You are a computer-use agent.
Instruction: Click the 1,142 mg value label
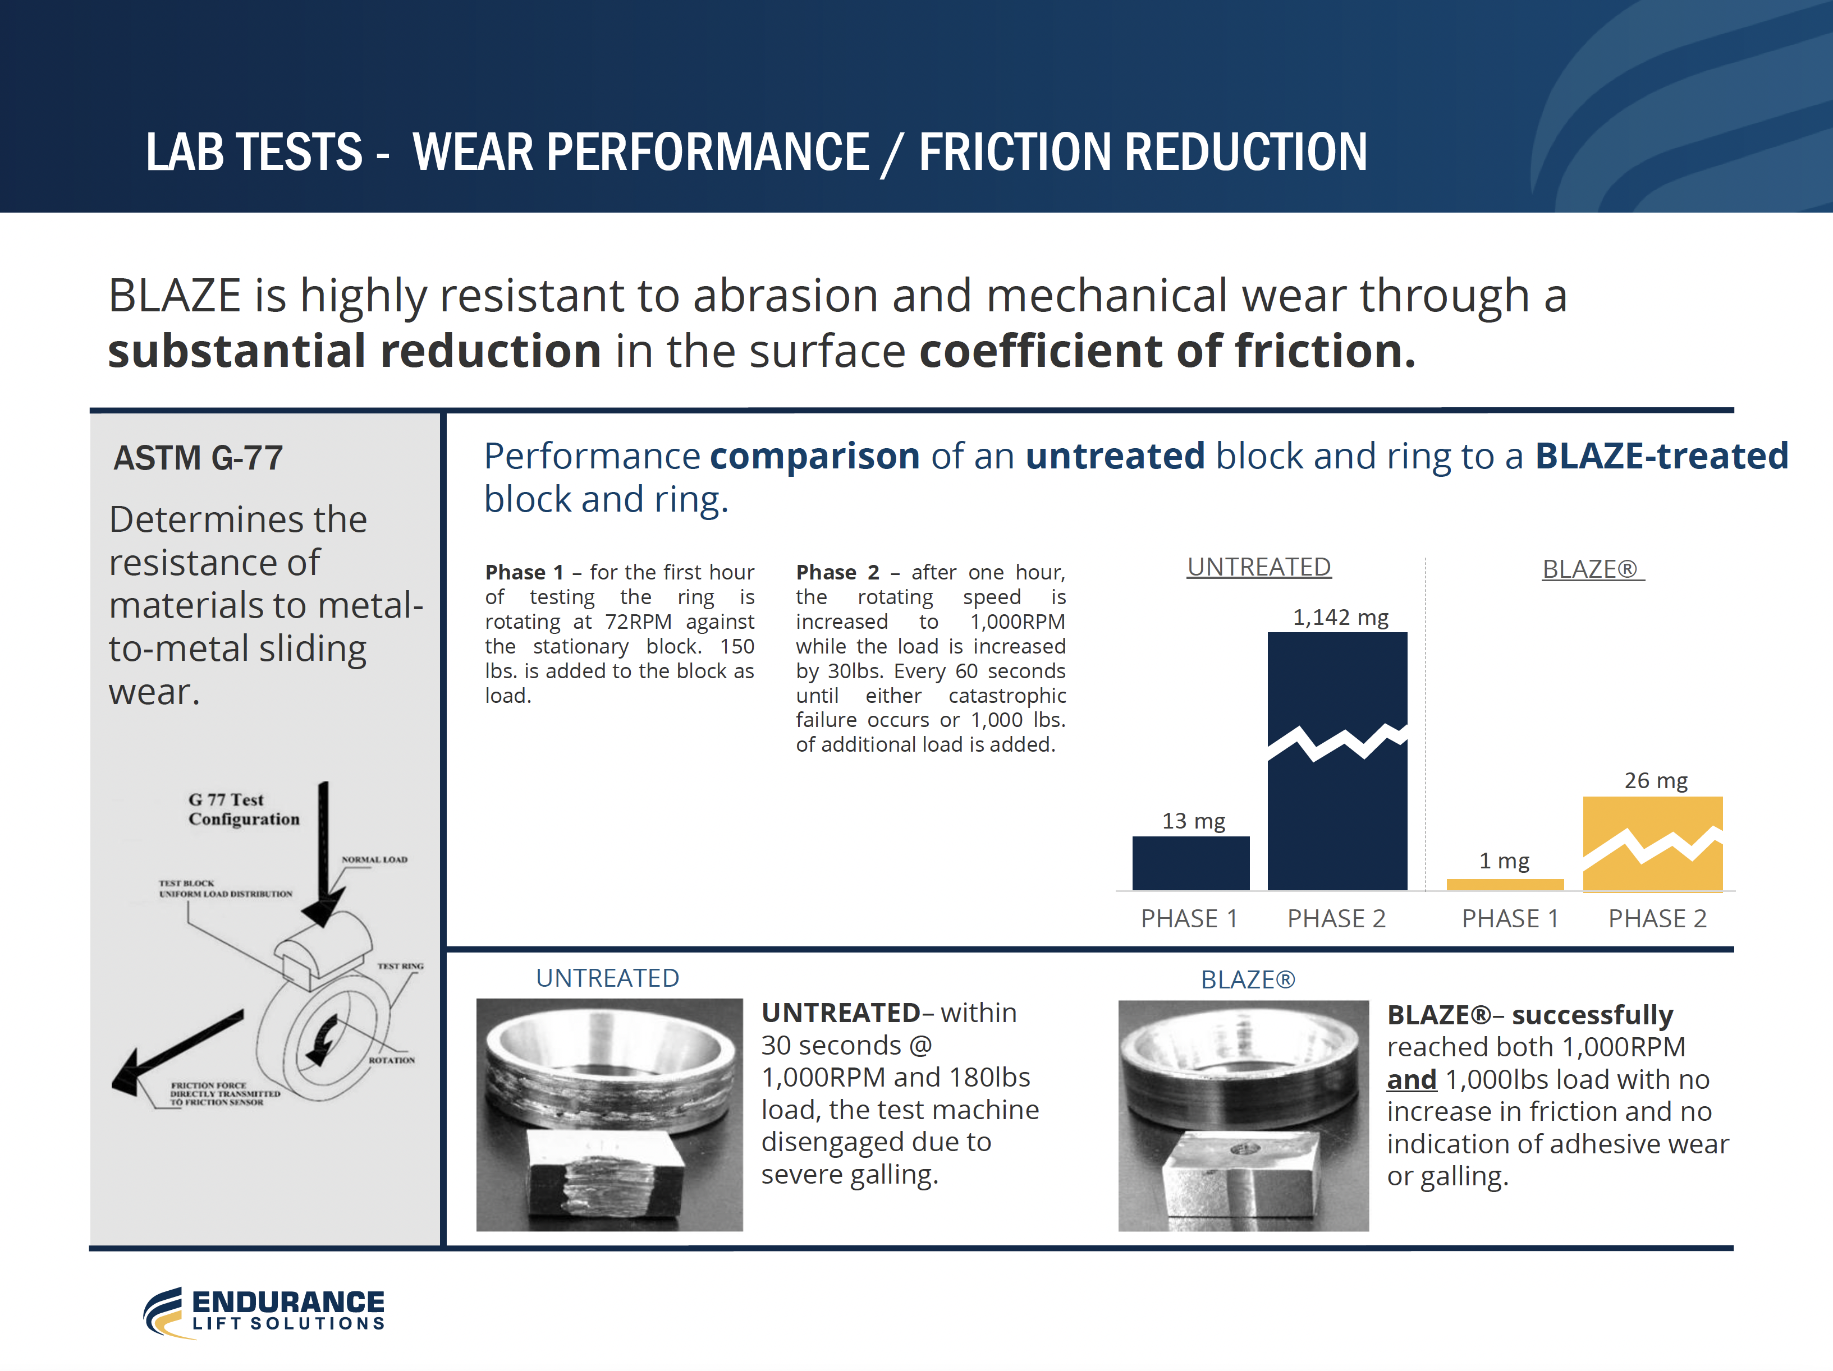1340,617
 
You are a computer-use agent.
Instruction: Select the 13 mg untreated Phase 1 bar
1191,863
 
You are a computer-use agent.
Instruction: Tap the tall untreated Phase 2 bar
1337,761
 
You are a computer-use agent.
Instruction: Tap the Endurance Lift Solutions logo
264,1312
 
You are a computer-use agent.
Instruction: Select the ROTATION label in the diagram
392,1060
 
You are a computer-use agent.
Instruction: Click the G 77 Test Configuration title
244,809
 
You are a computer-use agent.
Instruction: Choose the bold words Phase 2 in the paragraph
838,572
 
